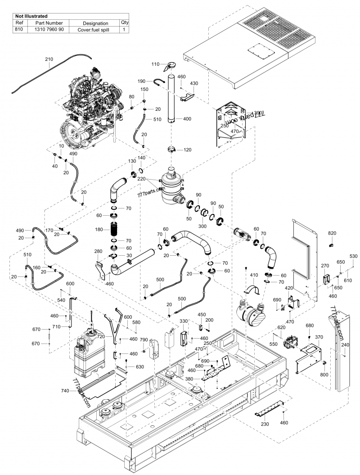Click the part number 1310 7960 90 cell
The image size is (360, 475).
tap(49, 29)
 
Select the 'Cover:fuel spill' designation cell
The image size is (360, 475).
tap(95, 29)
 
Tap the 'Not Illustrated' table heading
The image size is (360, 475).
tap(31, 16)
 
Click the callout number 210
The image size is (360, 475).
tap(49, 59)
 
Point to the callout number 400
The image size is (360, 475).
tap(188, 118)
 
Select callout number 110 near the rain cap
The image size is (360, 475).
tap(155, 64)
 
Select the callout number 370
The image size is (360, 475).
tap(319, 337)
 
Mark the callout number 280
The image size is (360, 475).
tap(98, 251)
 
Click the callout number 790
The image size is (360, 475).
tap(144, 339)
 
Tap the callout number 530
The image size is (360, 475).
tap(354, 256)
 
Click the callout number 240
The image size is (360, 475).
tap(345, 345)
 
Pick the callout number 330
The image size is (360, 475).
tap(171, 321)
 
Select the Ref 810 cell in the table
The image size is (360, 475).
tap(19, 29)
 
